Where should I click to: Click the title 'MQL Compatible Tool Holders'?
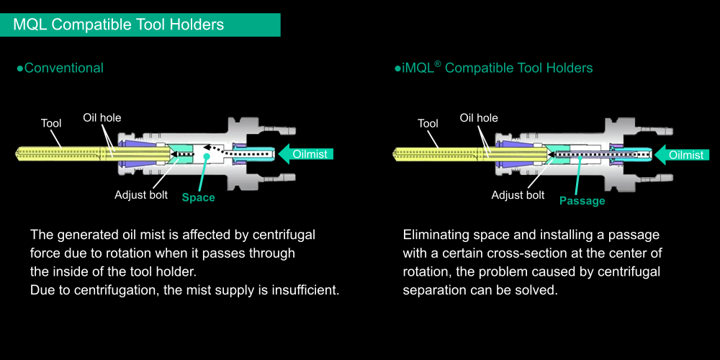(x=119, y=24)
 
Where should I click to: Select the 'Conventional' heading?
(x=60, y=68)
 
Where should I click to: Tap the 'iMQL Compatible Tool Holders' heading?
(x=494, y=68)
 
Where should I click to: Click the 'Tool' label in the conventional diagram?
(x=51, y=123)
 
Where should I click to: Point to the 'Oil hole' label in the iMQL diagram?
(x=479, y=118)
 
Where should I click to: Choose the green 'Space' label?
(x=199, y=197)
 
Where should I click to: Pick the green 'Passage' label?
(x=582, y=201)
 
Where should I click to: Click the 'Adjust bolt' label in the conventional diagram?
(x=141, y=194)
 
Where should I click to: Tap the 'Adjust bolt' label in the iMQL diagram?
(x=518, y=195)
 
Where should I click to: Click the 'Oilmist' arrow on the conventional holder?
(x=306, y=154)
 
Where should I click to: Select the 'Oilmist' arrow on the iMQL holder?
(x=682, y=155)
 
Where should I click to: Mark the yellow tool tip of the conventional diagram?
(x=17, y=153)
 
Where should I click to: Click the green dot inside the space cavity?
(x=207, y=156)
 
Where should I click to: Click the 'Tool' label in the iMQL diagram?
(x=428, y=123)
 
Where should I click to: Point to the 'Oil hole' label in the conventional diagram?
(x=102, y=117)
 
